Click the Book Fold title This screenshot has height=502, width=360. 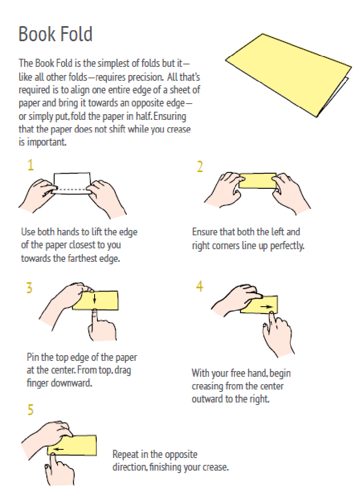(x=55, y=34)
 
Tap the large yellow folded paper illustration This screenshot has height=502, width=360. (x=289, y=75)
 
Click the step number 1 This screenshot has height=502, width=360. (x=31, y=165)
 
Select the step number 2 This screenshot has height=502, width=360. (x=200, y=166)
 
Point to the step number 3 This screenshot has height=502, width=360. (x=29, y=287)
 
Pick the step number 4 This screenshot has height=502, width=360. (x=199, y=286)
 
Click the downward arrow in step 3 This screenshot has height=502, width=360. (x=95, y=299)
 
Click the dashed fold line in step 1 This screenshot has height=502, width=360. (x=71, y=189)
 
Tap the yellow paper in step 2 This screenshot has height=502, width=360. (x=258, y=181)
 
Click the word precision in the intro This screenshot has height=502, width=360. (x=145, y=77)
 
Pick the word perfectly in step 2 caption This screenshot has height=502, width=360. (x=287, y=246)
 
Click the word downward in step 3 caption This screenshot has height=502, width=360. (x=71, y=383)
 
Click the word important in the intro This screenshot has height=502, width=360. (x=46, y=142)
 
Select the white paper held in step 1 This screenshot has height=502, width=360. (x=72, y=183)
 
